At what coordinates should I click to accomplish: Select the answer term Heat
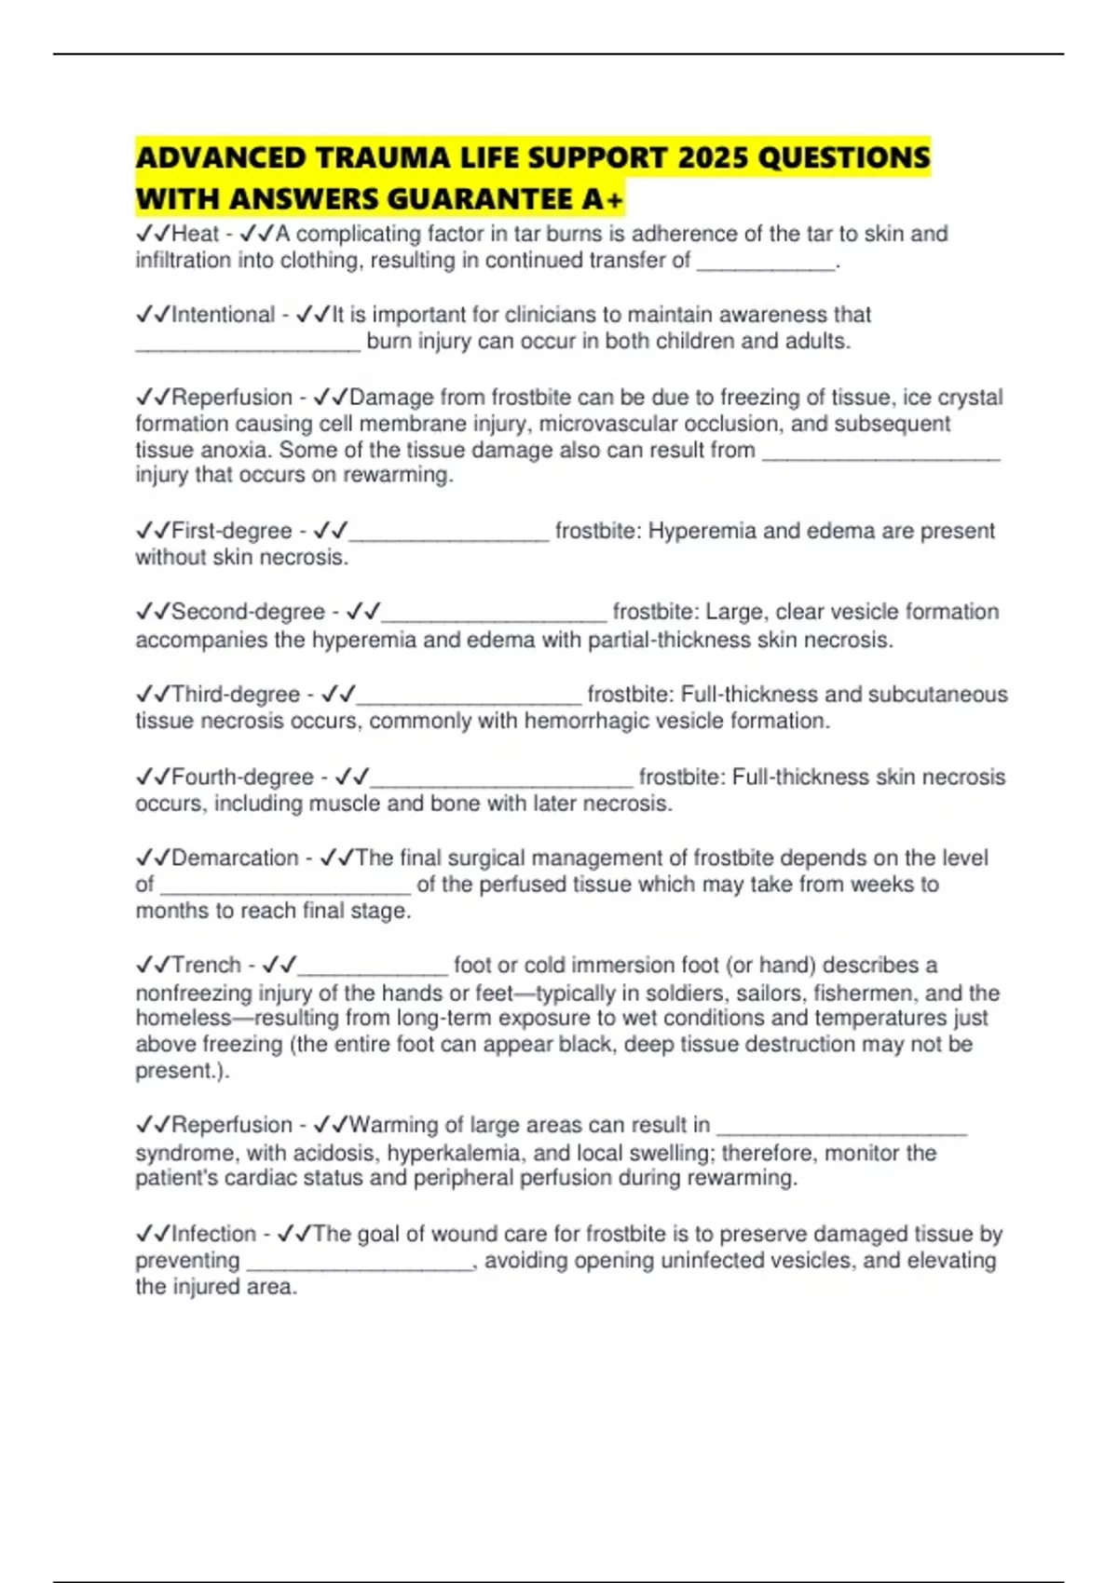point(196,234)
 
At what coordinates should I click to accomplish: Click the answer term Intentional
point(224,315)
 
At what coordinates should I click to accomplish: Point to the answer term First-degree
point(232,531)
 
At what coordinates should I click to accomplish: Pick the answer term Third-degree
point(236,695)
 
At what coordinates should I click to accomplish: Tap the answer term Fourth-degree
point(242,778)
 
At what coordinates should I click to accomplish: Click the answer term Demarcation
point(235,858)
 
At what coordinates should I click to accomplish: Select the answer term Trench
point(207,965)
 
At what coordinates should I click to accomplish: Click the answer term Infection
point(213,1234)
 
